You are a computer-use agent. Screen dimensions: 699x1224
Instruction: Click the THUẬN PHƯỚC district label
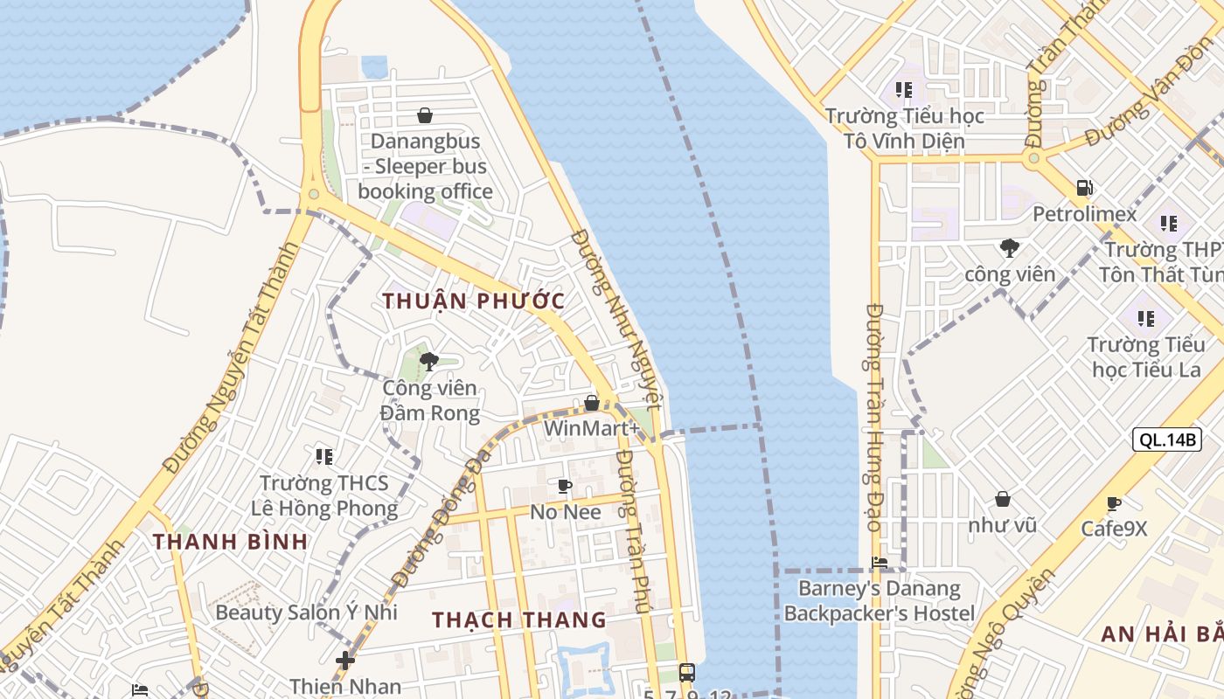click(473, 301)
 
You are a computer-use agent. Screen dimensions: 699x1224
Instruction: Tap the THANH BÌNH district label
click(230, 541)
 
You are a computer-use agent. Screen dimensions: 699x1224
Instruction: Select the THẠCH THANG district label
click(518, 619)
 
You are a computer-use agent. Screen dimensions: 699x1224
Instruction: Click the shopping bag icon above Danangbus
click(425, 115)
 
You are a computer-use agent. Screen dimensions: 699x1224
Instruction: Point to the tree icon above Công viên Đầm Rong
click(428, 362)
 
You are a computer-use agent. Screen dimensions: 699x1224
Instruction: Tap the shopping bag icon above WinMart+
click(592, 403)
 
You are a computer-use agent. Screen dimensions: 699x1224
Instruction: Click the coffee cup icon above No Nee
click(565, 486)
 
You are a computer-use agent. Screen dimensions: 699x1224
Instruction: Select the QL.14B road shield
click(1166, 439)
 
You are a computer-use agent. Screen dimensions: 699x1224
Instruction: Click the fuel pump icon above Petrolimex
click(1084, 188)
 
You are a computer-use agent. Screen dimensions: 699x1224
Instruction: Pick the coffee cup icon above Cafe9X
click(1113, 503)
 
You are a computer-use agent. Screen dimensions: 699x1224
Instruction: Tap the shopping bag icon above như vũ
click(1002, 499)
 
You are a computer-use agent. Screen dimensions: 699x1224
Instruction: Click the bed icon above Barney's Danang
click(880, 563)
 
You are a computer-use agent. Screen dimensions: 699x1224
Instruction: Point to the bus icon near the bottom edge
click(687, 672)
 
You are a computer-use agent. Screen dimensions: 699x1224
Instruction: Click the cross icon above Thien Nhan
click(345, 660)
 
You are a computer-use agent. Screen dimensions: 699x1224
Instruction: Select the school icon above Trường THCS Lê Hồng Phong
click(324, 456)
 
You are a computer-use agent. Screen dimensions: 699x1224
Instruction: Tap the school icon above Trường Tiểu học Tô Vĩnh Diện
click(904, 89)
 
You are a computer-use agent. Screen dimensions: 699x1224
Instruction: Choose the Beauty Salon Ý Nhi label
click(306, 612)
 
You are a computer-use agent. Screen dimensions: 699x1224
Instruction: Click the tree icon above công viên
click(1010, 248)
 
